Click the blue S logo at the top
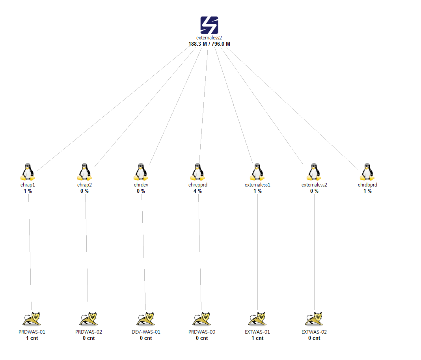pyautogui.click(x=209, y=25)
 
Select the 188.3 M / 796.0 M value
pyautogui.click(x=209, y=44)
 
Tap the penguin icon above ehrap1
pyautogui.click(x=27, y=172)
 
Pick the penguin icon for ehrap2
pyautogui.click(x=84, y=172)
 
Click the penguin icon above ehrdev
pyautogui.click(x=141, y=172)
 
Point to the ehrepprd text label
pyautogui.click(x=197, y=185)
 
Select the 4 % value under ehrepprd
pyautogui.click(x=197, y=191)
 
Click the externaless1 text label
pyautogui.click(x=257, y=185)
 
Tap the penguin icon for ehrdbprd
pyautogui.click(x=367, y=172)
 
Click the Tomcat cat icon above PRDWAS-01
pyautogui.click(x=32, y=319)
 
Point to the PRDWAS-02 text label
pyautogui.click(x=89, y=332)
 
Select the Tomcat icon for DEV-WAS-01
pyautogui.click(x=145, y=319)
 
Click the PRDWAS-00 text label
pyautogui.click(x=202, y=332)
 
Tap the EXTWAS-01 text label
pyautogui.click(x=257, y=332)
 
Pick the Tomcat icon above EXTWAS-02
pyautogui.click(x=314, y=319)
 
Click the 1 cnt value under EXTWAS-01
pyautogui.click(x=257, y=338)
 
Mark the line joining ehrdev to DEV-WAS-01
pyautogui.click(x=143, y=252)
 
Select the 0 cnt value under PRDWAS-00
pyautogui.click(x=202, y=338)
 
